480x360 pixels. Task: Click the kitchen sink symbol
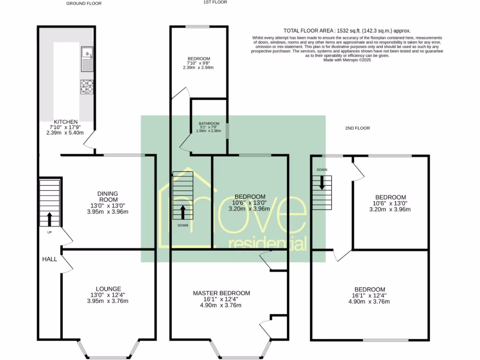click(x=87, y=59)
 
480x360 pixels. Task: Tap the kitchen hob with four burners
click(x=87, y=87)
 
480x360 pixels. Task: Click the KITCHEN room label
click(x=66, y=122)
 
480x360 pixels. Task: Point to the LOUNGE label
click(x=109, y=289)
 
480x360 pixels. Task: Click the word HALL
click(x=50, y=259)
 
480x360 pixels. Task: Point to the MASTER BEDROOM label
click(x=221, y=293)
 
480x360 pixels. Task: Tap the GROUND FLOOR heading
click(x=83, y=3)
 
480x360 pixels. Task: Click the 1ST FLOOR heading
click(x=215, y=2)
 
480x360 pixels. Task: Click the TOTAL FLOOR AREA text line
click(x=347, y=30)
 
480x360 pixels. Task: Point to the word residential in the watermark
click(x=267, y=243)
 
